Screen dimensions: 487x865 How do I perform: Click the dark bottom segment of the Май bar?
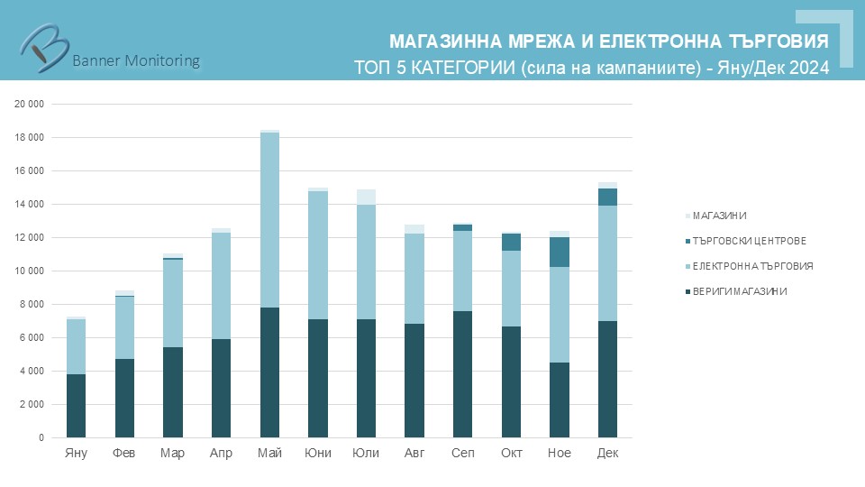pos(269,372)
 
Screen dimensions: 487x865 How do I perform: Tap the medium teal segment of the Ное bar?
pos(560,253)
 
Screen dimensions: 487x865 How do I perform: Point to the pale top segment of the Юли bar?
pos(366,198)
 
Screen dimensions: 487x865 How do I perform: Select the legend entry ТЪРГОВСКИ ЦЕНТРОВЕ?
pos(748,241)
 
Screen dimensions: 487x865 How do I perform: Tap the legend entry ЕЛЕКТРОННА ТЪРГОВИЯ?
pos(751,266)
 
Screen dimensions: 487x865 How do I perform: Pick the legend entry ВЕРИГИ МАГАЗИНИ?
pos(739,291)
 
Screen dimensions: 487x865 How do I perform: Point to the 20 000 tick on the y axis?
pos(30,105)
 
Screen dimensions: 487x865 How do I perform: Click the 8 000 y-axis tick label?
pos(32,305)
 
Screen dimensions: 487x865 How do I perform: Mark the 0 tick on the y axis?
pos(41,438)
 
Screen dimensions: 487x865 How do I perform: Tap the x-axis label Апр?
pos(221,454)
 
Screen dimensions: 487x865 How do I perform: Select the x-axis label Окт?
pos(511,454)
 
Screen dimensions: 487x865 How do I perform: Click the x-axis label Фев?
pos(124,454)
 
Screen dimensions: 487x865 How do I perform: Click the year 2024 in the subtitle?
pos(809,67)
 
